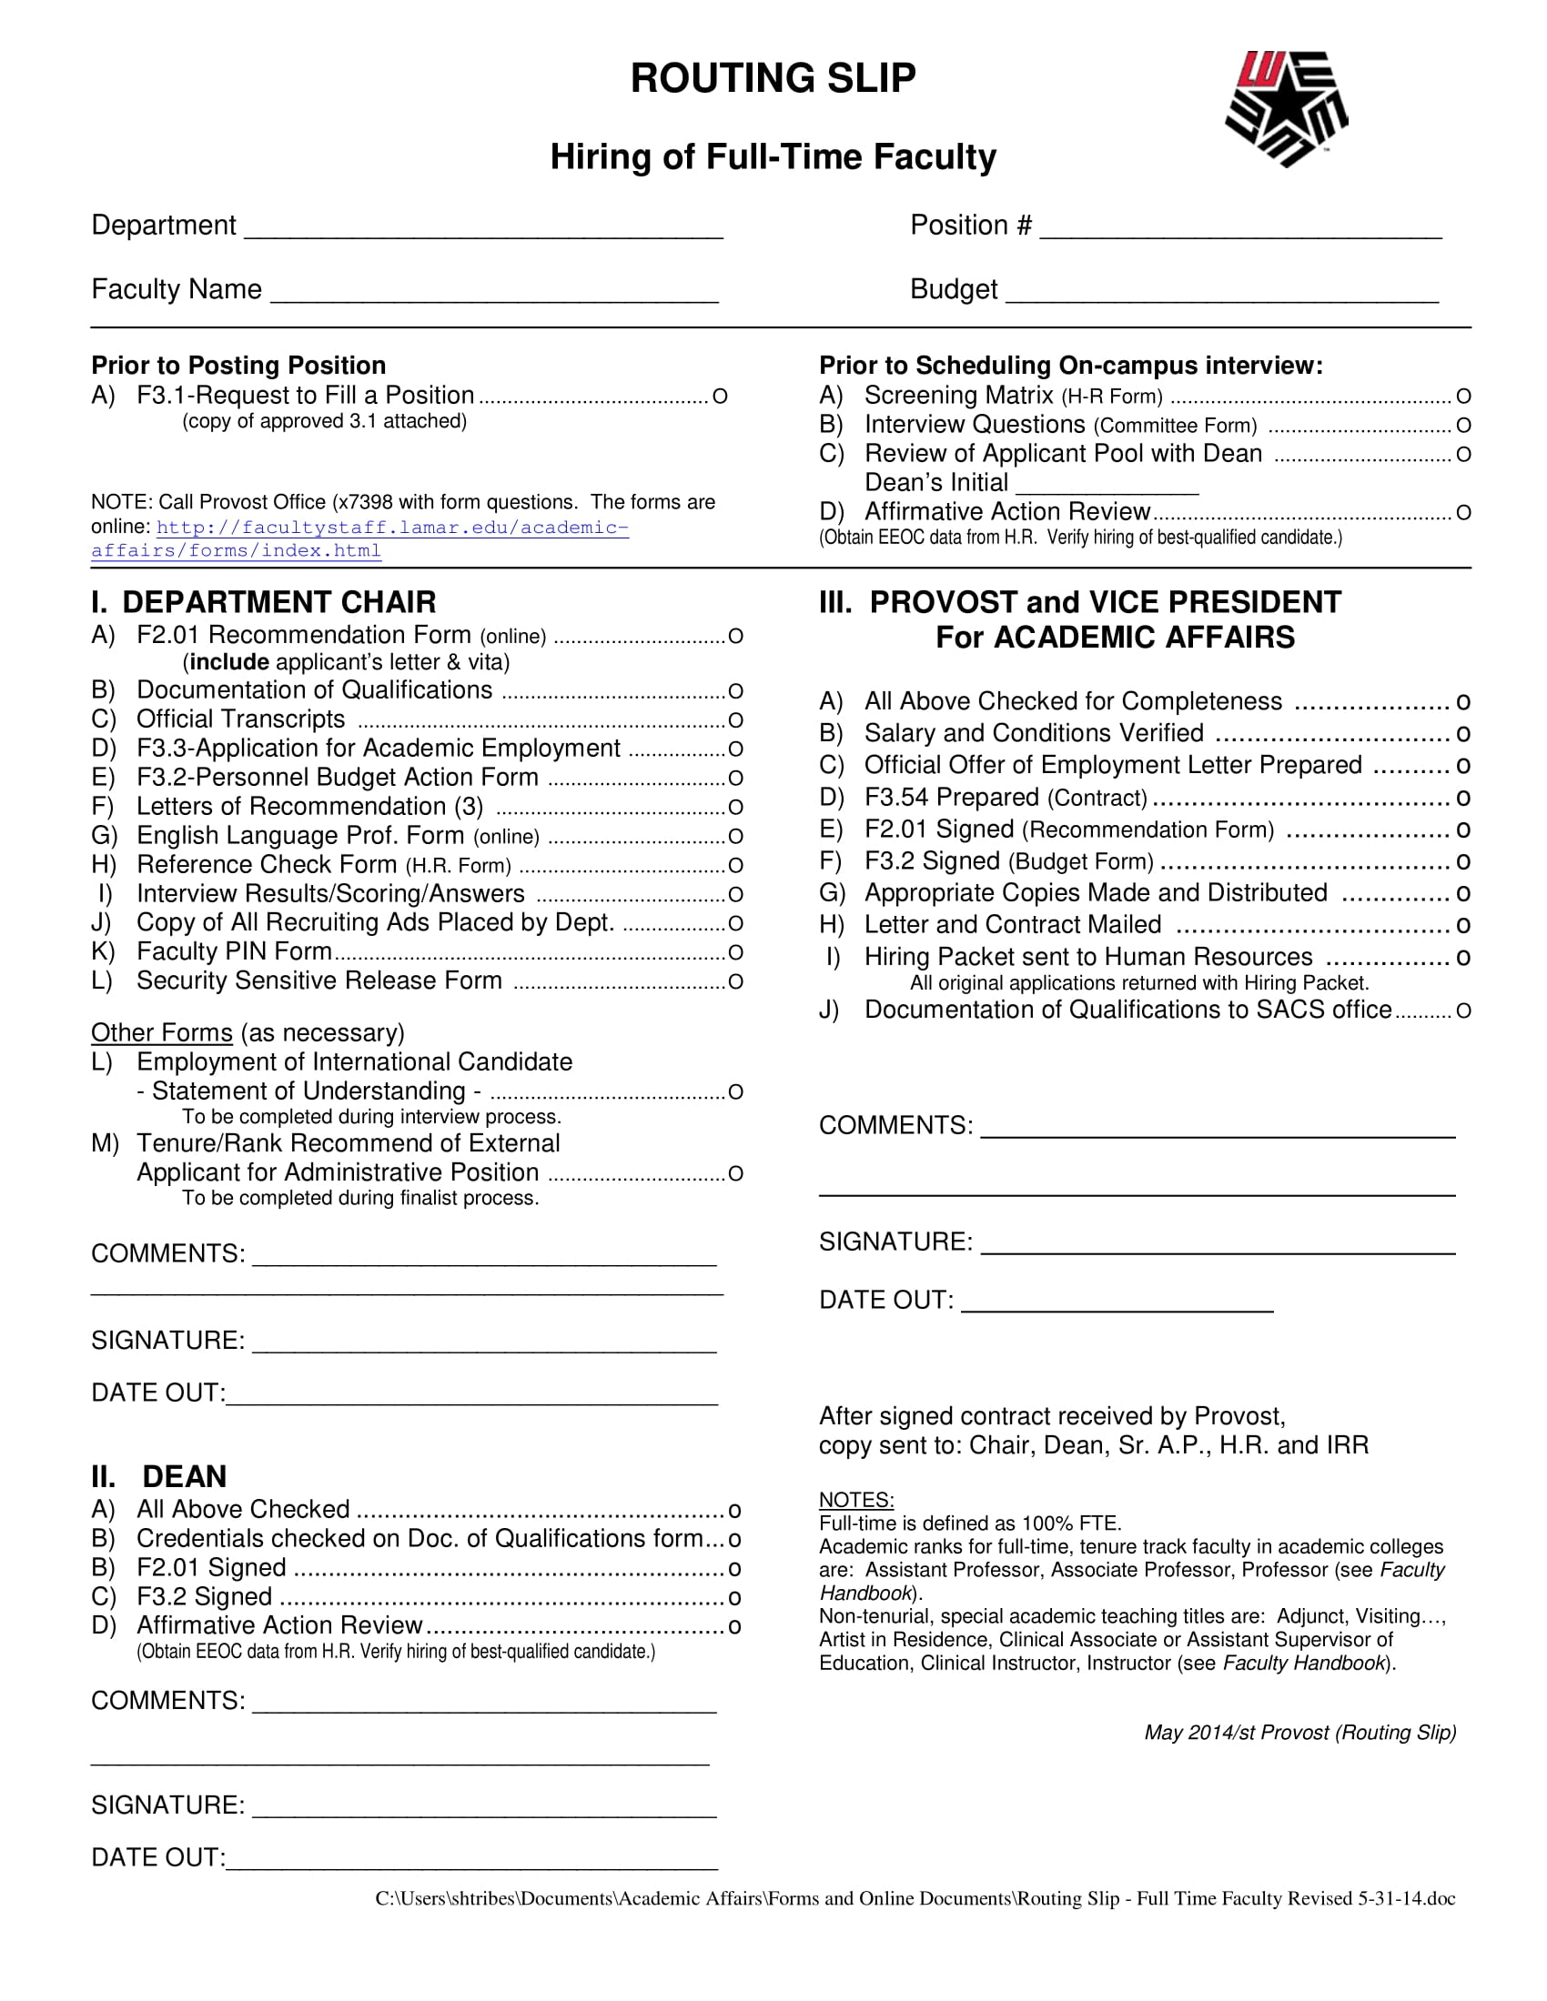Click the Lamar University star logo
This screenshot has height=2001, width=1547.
click(1286, 108)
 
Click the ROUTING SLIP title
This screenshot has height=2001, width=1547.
click(773, 78)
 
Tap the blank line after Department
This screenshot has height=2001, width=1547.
click(483, 229)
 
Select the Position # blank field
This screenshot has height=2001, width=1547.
click(1240, 229)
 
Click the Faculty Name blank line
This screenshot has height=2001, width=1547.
click(494, 293)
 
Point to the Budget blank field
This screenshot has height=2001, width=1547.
click(1221, 293)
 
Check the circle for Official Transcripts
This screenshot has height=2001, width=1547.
click(735, 721)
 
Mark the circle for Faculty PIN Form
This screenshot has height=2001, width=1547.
click(735, 953)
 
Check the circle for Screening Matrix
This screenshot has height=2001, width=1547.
click(1463, 397)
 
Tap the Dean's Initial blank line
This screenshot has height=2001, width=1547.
click(1107, 486)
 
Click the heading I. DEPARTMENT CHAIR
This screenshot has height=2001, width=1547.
click(263, 602)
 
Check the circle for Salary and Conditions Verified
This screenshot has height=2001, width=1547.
click(1463, 735)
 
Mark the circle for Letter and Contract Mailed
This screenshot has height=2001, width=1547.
click(1463, 926)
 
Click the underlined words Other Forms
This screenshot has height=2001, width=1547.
click(161, 1032)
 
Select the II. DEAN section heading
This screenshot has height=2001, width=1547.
click(158, 1477)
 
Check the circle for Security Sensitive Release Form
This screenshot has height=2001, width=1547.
click(735, 982)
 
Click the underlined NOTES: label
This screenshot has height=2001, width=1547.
click(856, 1500)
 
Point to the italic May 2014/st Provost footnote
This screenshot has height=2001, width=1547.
click(1299, 1733)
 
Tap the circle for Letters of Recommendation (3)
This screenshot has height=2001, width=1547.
click(735, 808)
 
